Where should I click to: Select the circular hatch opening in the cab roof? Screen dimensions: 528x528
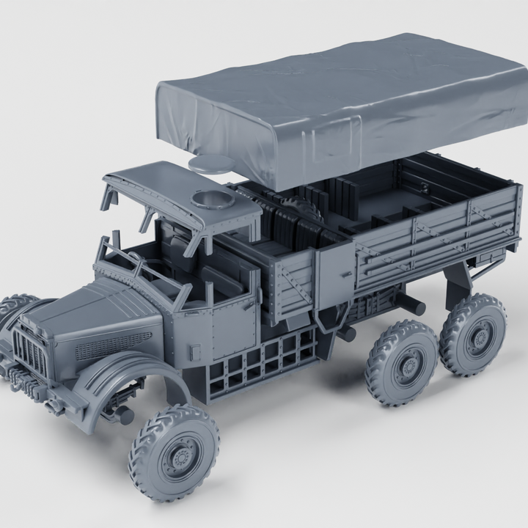pyautogui.click(x=209, y=200)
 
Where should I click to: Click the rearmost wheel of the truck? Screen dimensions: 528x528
pyautogui.click(x=473, y=334)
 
